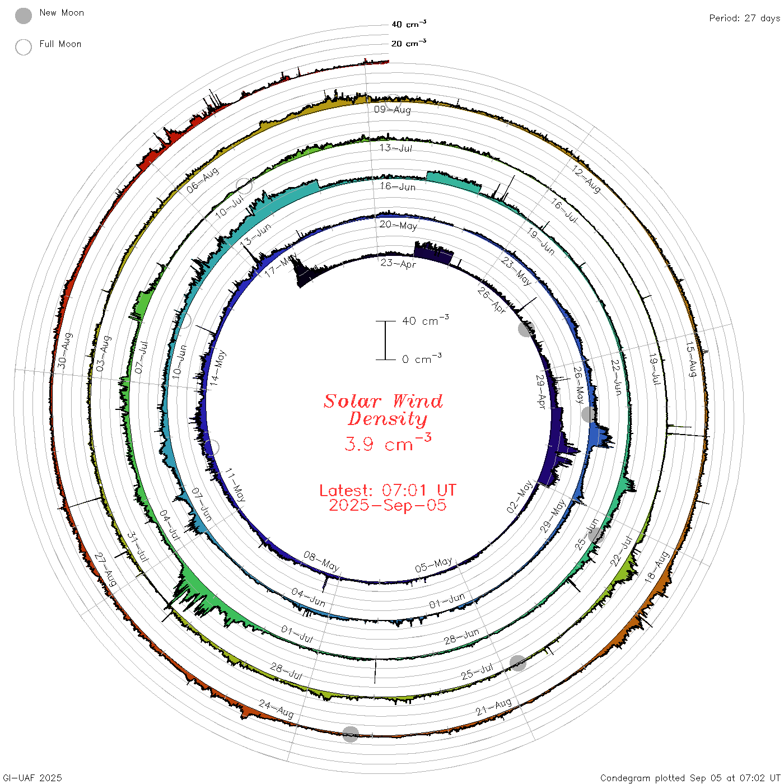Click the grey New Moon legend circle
[x=23, y=16]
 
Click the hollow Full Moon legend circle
[x=23, y=47]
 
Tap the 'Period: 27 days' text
[x=744, y=18]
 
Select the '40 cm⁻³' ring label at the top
[x=408, y=24]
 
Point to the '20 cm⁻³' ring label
[x=408, y=43]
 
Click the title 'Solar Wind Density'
[x=383, y=410]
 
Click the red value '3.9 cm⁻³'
[x=388, y=442]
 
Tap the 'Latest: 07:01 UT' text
[x=388, y=490]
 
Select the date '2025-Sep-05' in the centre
[x=388, y=505]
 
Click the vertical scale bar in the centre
[x=385, y=340]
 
